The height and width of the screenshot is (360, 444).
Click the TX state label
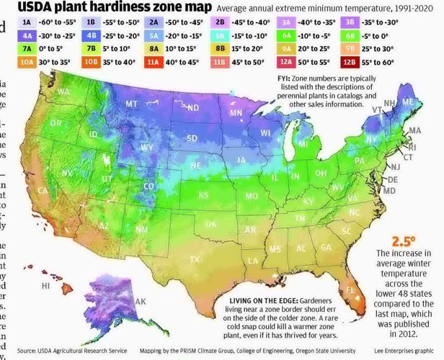pyautogui.click(x=195, y=259)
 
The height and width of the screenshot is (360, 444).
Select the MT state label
pyautogui.click(x=132, y=104)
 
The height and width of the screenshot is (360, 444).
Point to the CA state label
pyautogui.click(x=43, y=191)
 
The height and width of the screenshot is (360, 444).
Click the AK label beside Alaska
pyautogui.click(x=141, y=301)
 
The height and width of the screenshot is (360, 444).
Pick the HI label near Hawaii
pyautogui.click(x=45, y=286)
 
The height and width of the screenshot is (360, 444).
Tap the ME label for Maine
pyautogui.click(x=408, y=103)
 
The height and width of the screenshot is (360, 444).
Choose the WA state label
pyautogui.click(x=63, y=92)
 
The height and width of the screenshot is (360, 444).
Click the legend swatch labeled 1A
pyautogui.click(x=27, y=22)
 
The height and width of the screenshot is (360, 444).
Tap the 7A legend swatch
pyautogui.click(x=27, y=49)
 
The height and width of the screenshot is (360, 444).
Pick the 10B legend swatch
pyautogui.click(x=92, y=63)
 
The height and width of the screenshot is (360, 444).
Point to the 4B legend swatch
pyautogui.click(x=92, y=36)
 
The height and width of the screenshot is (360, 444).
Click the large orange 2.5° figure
pyautogui.click(x=404, y=241)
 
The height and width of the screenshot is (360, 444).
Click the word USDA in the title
pyautogui.click(x=40, y=8)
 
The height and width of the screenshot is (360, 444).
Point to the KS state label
pyautogui.click(x=204, y=195)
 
